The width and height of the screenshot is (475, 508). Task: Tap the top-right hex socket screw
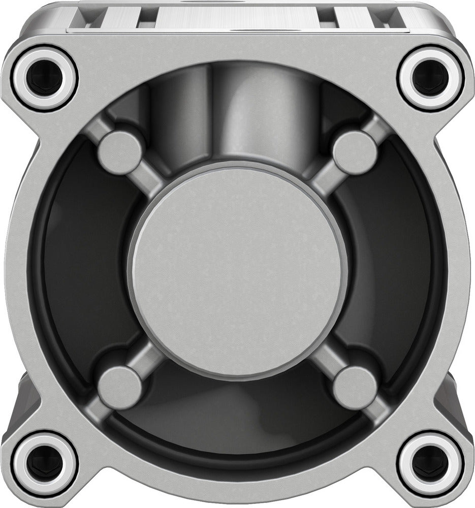coord(431,77)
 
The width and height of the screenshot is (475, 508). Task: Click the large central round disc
coord(238,272)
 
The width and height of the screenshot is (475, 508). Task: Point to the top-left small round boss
coord(120,152)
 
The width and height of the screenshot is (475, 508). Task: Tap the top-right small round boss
coord(355,152)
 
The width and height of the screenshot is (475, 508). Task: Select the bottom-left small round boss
coord(120,387)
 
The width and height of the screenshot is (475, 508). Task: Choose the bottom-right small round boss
coord(355,387)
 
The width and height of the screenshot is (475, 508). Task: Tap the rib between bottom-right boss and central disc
coord(328,361)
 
